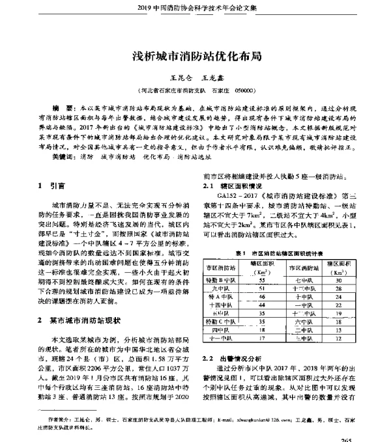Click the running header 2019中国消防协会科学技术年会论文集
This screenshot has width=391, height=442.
(195, 8)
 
